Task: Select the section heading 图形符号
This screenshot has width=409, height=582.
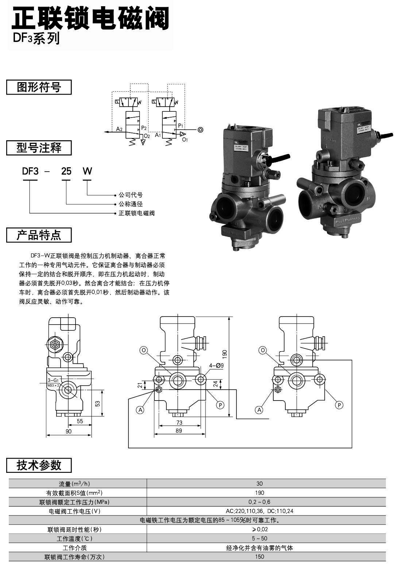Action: [x=39, y=87]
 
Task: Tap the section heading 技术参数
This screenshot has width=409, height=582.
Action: [x=39, y=465]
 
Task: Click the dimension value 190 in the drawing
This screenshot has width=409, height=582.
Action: [x=225, y=353]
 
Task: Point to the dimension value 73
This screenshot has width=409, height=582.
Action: [x=179, y=422]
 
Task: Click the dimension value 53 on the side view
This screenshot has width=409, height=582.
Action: [x=97, y=403]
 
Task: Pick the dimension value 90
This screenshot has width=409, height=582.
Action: [x=68, y=431]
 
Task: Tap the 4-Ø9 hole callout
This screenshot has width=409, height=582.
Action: [x=216, y=365]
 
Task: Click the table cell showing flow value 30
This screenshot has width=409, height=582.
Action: [x=259, y=483]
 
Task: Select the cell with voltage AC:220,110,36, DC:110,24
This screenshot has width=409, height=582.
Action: [x=259, y=511]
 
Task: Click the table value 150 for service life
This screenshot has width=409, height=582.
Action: [x=259, y=557]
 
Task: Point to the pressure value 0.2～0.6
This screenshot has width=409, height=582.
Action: [x=259, y=502]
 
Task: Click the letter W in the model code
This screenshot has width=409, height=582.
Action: [x=87, y=171]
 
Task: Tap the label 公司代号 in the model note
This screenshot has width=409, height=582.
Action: [x=131, y=195]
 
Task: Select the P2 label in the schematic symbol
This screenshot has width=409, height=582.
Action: [x=144, y=128]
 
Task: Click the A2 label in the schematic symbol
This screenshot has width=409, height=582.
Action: [x=119, y=129]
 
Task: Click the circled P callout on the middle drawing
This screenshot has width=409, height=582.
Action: [x=220, y=405]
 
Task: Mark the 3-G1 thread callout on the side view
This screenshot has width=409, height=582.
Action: [x=53, y=380]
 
